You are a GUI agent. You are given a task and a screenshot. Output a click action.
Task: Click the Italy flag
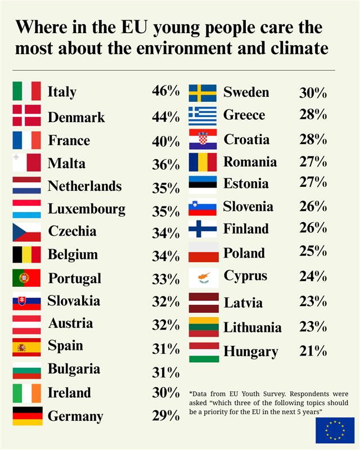[26, 91]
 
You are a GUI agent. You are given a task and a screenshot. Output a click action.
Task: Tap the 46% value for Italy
[166, 91]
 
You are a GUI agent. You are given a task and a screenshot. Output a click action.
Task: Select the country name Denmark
[76, 117]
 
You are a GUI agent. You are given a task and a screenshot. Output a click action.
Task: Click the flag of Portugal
[26, 278]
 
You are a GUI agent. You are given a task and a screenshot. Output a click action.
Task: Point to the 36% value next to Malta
[166, 164]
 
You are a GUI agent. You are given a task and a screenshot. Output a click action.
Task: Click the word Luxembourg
[86, 209]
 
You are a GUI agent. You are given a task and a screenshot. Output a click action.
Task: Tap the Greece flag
[202, 115]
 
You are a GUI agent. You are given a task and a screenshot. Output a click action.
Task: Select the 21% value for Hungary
[313, 351]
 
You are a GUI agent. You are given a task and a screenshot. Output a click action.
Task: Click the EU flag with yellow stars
[335, 430]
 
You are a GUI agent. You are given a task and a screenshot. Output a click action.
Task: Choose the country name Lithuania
[253, 327]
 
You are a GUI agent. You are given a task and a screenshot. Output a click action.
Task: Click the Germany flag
[27, 416]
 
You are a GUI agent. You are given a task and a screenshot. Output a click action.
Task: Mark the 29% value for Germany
[166, 416]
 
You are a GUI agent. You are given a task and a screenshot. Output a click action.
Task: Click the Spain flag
[26, 347]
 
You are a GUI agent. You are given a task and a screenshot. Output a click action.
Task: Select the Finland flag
[202, 229]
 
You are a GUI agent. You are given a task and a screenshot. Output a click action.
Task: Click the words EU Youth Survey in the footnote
[241, 394]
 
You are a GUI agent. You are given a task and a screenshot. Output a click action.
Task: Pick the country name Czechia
[72, 231]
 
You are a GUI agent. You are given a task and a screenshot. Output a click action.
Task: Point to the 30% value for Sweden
[313, 93]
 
